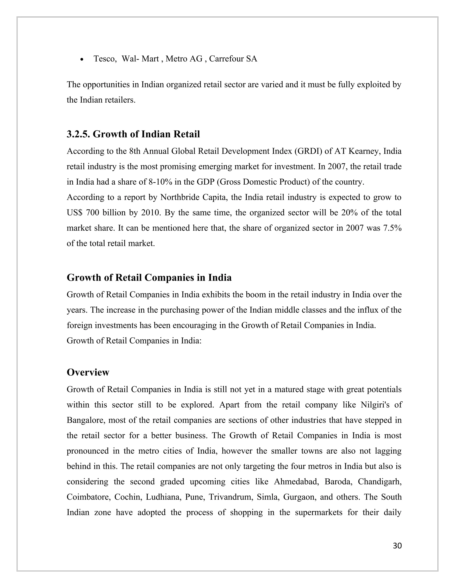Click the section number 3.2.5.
point(78,134)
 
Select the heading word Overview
point(88,372)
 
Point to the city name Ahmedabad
point(296,482)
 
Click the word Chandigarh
point(380,482)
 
